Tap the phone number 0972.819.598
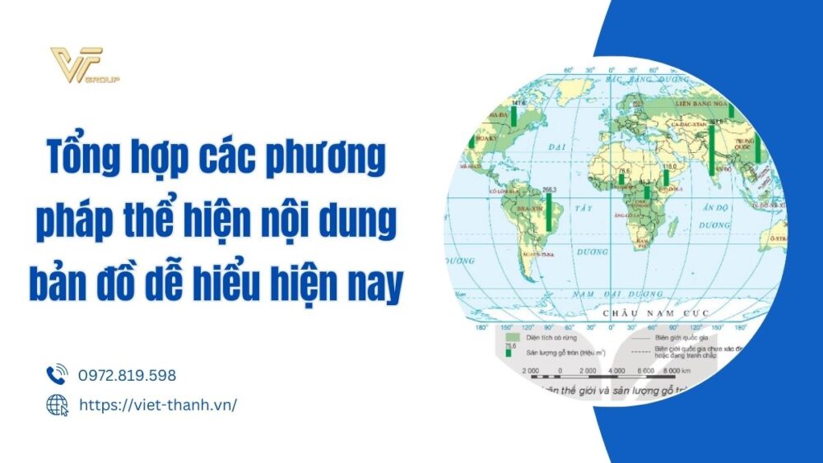click(x=127, y=375)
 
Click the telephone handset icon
click(x=56, y=375)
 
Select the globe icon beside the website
click(x=56, y=405)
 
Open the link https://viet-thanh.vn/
click(x=157, y=405)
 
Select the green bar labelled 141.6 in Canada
click(x=514, y=116)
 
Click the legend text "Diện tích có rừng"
click(x=552, y=338)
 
